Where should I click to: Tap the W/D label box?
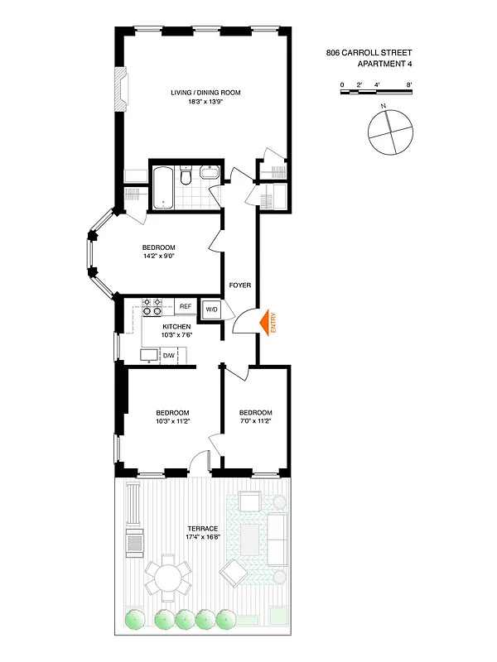coord(210,309)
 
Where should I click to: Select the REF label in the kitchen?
coord(186,307)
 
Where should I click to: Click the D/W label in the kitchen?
coord(168,355)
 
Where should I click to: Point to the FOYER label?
coord(239,285)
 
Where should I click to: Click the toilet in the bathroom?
coord(187,176)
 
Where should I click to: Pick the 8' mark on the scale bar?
coord(410,85)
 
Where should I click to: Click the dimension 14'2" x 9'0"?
coord(158,257)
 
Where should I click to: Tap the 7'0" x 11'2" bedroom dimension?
coord(255,422)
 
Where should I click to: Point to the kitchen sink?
coord(148,355)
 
